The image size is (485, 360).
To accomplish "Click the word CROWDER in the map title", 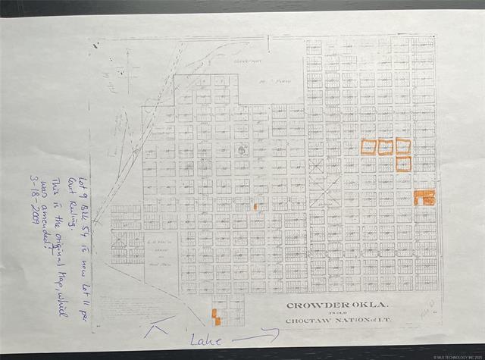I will coord(308,306).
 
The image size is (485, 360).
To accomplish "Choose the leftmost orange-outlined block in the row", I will coord(368,146).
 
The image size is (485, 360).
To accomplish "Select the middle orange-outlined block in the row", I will coord(386,146).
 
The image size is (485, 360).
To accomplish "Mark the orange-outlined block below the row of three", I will coord(403,163).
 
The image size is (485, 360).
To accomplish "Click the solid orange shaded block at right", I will coord(424,198).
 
